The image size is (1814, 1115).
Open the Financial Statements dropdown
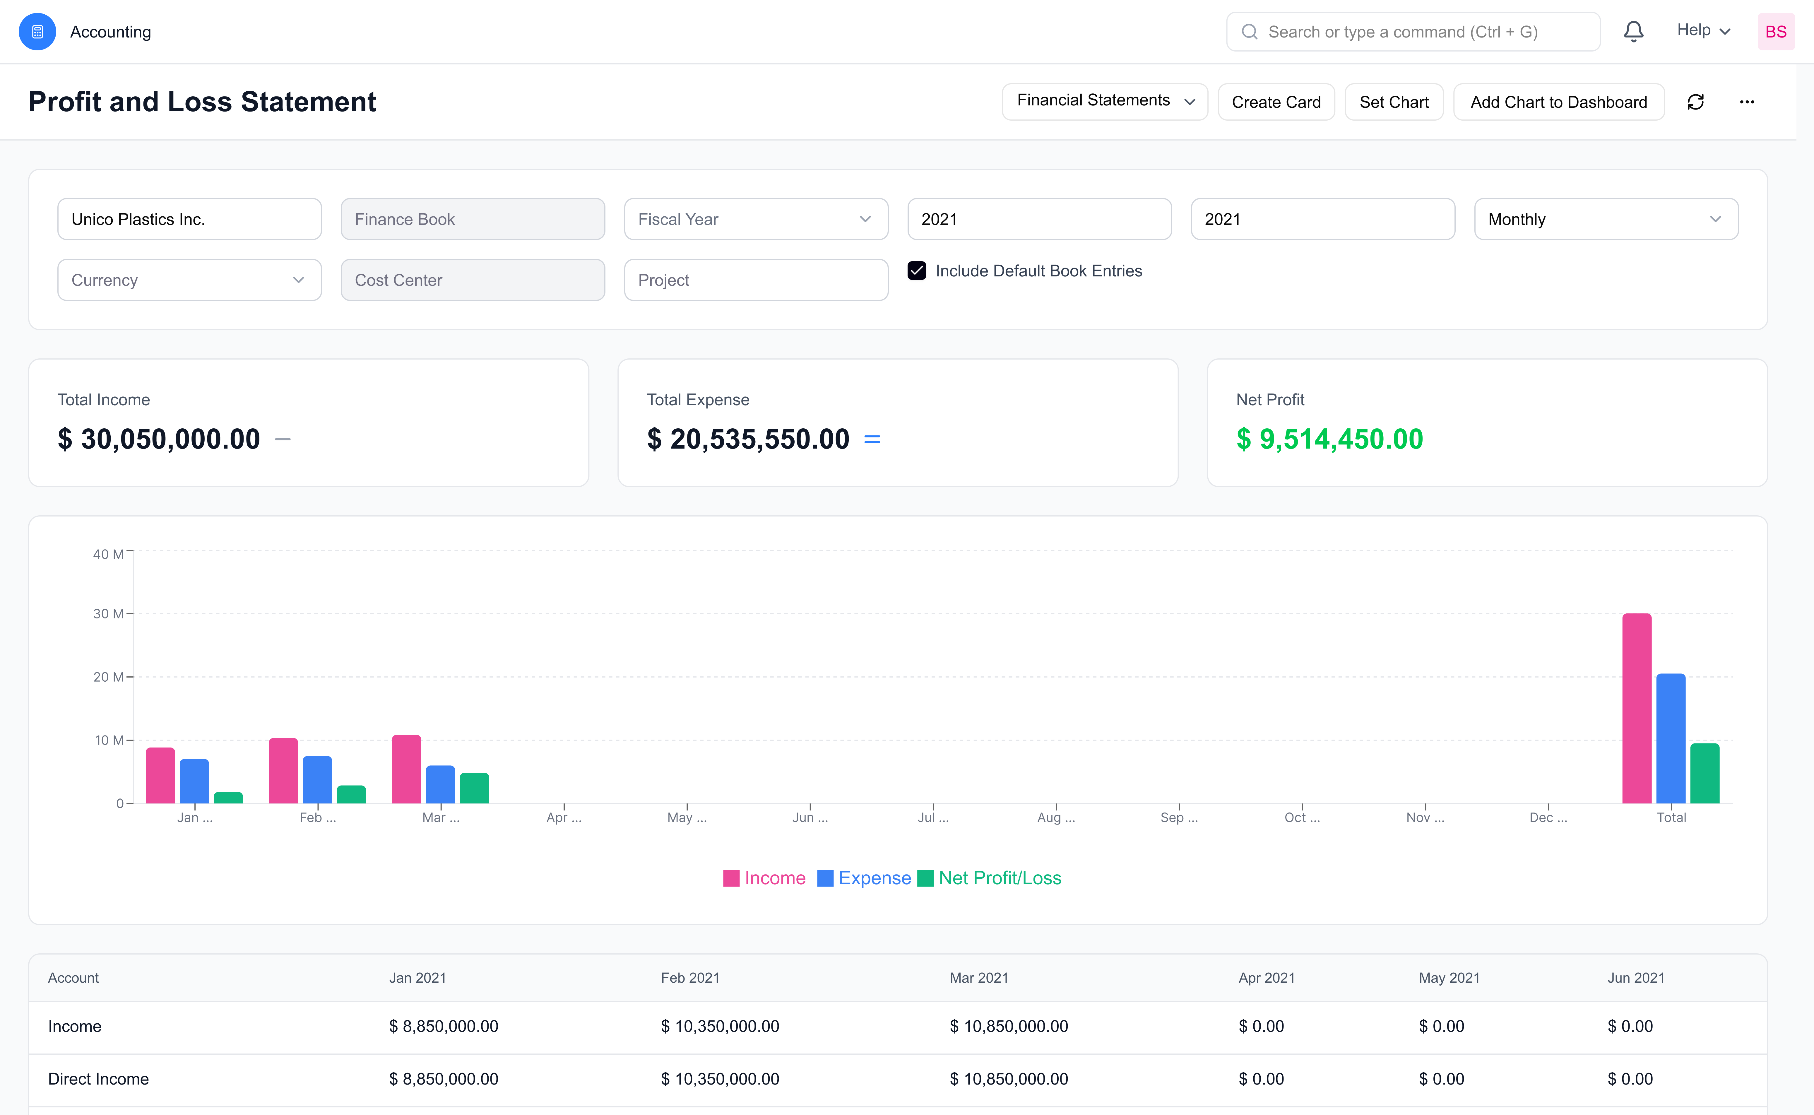[1104, 101]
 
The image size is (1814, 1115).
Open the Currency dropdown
[189, 280]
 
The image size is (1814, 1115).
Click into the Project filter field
[756, 280]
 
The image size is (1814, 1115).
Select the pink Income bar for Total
[1636, 708]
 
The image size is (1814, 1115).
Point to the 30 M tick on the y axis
[108, 613]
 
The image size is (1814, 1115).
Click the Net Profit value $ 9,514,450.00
[1329, 439]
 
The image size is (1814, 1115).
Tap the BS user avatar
[1775, 32]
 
